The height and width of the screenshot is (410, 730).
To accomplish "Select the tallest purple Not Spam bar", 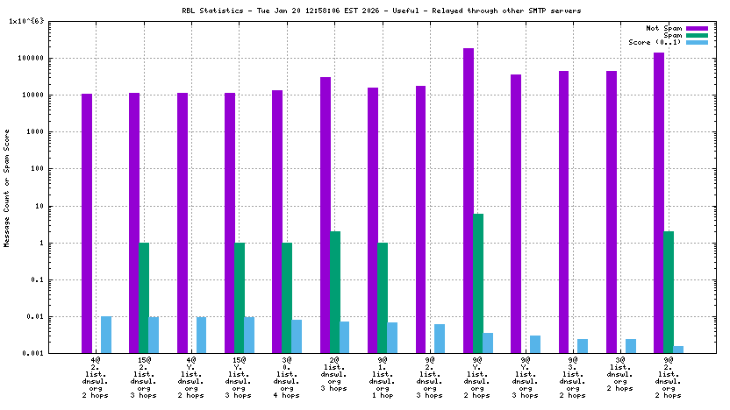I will point(469,201).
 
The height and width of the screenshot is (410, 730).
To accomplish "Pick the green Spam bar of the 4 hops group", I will point(287,298).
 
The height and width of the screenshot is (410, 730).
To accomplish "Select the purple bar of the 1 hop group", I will point(373,219).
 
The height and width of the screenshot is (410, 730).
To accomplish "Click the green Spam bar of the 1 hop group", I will point(383,298).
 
